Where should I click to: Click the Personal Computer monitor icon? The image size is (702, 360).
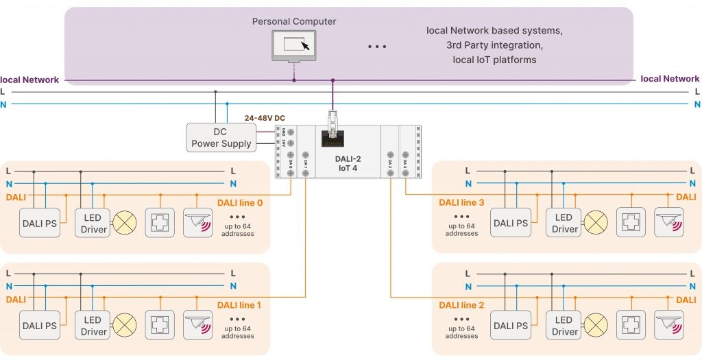point(294,45)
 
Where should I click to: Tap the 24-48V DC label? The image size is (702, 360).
point(265,118)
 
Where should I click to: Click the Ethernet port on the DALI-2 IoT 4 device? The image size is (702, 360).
point(333,139)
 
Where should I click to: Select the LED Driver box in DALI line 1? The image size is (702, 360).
point(92,326)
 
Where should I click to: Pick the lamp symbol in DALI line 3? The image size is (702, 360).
point(595,224)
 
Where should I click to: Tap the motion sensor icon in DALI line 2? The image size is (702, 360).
point(668,326)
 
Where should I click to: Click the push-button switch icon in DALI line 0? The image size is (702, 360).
point(160,224)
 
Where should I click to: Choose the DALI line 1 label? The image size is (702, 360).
point(240,304)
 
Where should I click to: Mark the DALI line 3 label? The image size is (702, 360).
point(461,202)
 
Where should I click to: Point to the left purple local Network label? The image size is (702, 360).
point(29,80)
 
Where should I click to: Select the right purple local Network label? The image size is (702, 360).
point(670,79)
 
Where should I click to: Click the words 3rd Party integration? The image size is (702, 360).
point(494,45)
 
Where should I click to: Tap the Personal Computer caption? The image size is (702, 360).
point(294,21)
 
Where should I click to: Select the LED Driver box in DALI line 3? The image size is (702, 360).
point(564,224)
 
